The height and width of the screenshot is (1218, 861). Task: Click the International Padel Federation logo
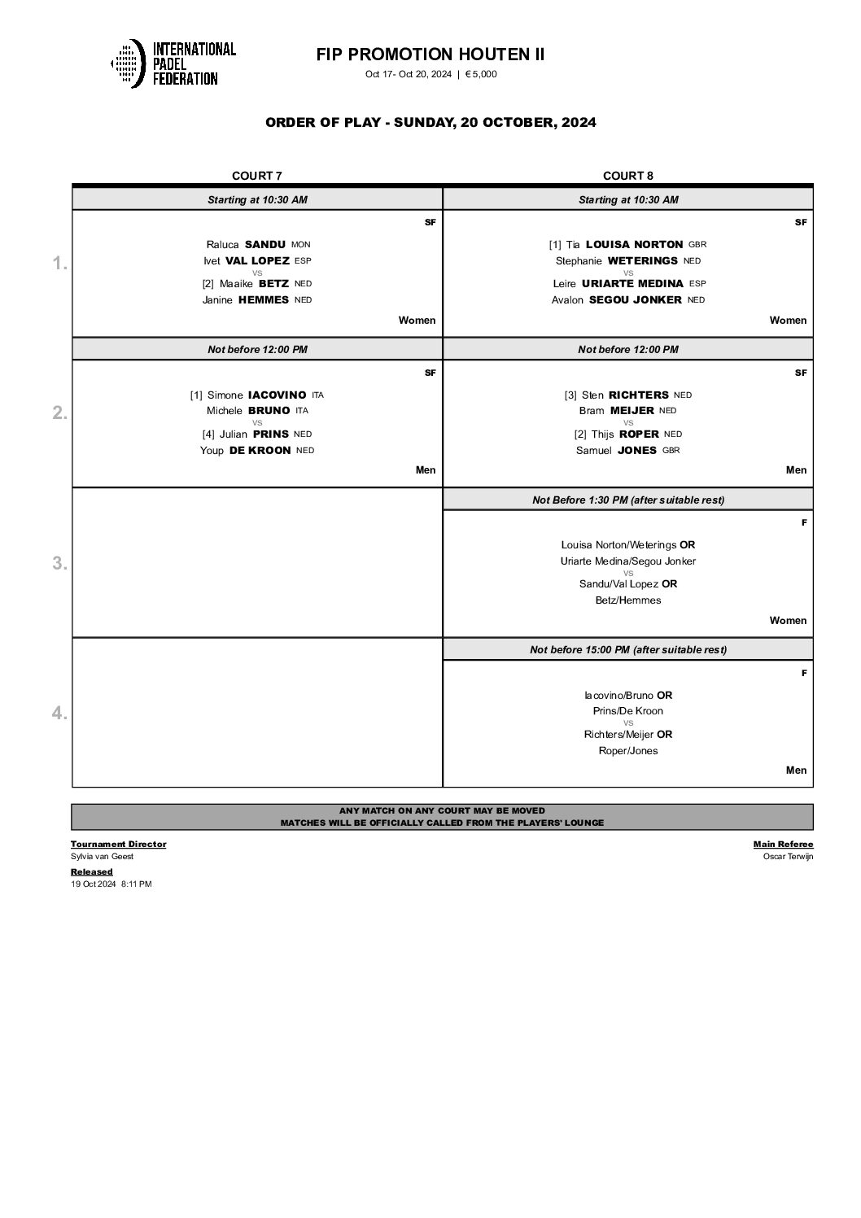click(x=173, y=63)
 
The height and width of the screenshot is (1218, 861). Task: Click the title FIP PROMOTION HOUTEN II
click(x=430, y=55)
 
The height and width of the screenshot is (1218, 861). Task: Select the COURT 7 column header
click(x=257, y=176)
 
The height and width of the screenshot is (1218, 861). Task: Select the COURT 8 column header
click(x=627, y=176)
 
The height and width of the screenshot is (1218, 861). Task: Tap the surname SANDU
click(x=265, y=244)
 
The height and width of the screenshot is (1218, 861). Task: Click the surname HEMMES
click(x=264, y=299)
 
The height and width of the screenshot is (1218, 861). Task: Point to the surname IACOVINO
click(x=278, y=395)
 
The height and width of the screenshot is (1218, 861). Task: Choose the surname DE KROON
click(x=260, y=450)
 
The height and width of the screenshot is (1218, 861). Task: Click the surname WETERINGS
click(x=643, y=260)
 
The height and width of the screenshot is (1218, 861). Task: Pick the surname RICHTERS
click(x=639, y=395)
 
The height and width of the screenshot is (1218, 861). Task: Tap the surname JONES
click(x=637, y=450)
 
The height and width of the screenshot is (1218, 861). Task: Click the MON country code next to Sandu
click(x=300, y=244)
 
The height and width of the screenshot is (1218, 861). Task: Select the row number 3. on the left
click(x=59, y=563)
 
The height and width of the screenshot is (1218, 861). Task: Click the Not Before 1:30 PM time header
click(x=627, y=500)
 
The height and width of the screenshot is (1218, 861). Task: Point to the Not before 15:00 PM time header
click(x=627, y=649)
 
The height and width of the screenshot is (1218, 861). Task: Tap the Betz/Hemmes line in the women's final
click(x=627, y=600)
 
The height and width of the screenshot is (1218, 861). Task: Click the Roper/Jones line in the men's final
click(x=627, y=751)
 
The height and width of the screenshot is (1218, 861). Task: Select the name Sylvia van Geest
click(x=102, y=856)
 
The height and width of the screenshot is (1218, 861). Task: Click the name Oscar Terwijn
click(x=788, y=856)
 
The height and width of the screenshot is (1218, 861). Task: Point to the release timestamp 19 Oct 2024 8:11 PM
click(x=111, y=884)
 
